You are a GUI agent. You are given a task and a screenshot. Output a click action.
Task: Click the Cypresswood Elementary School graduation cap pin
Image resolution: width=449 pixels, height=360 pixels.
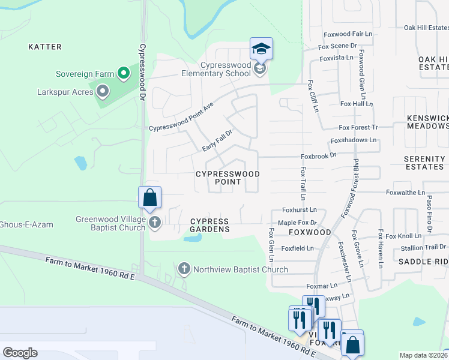pyautogui.click(x=261, y=49)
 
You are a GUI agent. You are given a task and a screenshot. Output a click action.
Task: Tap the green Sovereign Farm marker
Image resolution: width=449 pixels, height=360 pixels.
pyautogui.click(x=124, y=74)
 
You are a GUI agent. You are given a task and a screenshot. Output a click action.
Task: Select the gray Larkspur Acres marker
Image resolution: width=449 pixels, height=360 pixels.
pyautogui.click(x=102, y=92)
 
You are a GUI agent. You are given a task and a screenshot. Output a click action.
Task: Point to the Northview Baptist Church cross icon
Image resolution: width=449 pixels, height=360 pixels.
pyautogui.click(x=184, y=269)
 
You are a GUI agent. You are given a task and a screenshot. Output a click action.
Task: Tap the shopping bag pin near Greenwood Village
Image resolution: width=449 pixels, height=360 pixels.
pyautogui.click(x=149, y=197)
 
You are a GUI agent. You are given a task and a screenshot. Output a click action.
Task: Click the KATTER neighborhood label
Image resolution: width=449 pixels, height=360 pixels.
pyautogui.click(x=45, y=46)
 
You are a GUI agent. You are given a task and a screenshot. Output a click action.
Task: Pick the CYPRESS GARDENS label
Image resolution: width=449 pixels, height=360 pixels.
pyautogui.click(x=210, y=225)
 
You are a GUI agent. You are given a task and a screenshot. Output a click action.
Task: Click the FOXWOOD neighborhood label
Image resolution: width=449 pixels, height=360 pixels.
pyautogui.click(x=310, y=232)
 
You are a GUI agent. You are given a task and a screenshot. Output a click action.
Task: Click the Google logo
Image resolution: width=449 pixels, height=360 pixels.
pyautogui.click(x=20, y=353)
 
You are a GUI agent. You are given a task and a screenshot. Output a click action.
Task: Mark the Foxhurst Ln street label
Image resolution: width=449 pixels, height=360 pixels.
pyautogui.click(x=299, y=211)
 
